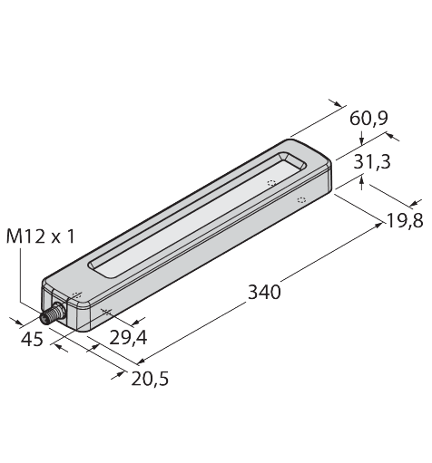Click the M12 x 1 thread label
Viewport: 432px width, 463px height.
[x=40, y=237]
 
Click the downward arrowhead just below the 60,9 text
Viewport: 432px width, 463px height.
[x=363, y=139]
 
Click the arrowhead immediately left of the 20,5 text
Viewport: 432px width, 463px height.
[x=123, y=371]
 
